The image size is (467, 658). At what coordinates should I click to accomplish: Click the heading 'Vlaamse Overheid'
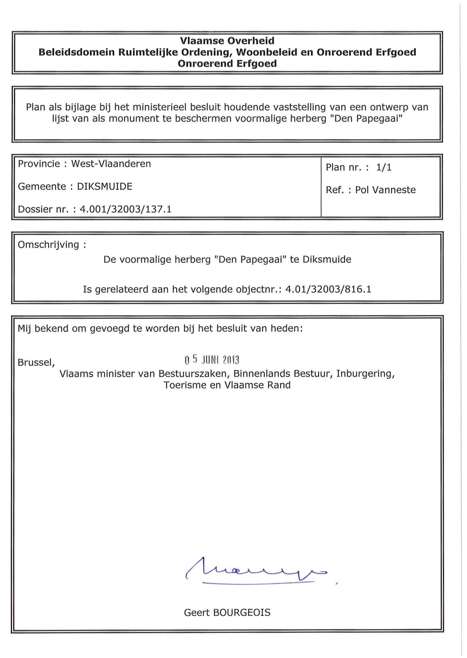(x=227, y=41)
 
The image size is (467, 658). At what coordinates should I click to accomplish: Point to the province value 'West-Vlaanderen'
(x=111, y=164)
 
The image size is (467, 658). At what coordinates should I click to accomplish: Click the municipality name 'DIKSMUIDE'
(x=105, y=187)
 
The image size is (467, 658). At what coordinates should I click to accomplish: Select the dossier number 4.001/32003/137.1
(x=126, y=209)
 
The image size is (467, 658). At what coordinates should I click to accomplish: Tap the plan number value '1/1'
(x=384, y=167)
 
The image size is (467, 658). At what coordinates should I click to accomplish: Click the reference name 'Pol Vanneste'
(x=385, y=190)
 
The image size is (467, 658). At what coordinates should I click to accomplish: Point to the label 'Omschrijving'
(x=48, y=245)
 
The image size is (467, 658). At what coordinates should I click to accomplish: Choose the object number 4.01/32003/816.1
(x=328, y=289)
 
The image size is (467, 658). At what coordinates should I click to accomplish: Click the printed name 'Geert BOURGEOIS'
(x=227, y=613)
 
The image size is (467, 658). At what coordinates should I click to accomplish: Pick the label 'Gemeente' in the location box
(x=42, y=187)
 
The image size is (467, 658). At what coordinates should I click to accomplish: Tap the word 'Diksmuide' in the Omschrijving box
(x=327, y=260)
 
